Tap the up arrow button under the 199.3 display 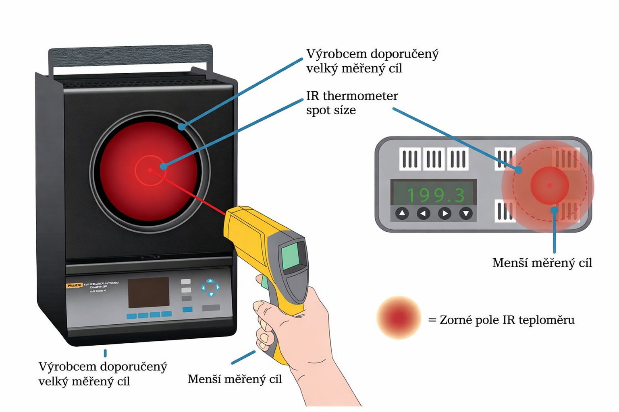click(402, 213)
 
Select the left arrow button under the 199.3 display click(423, 213)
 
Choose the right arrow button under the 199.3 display click(445, 213)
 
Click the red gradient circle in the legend click(399, 318)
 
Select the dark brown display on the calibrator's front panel click(148, 292)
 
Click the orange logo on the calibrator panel click(75, 285)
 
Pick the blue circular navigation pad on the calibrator click(210, 287)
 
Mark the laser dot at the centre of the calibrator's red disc click(150, 171)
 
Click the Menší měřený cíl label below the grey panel click(542, 263)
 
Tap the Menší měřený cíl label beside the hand click(235, 379)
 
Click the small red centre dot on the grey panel click(550, 185)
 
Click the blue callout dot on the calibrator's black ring click(182, 127)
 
